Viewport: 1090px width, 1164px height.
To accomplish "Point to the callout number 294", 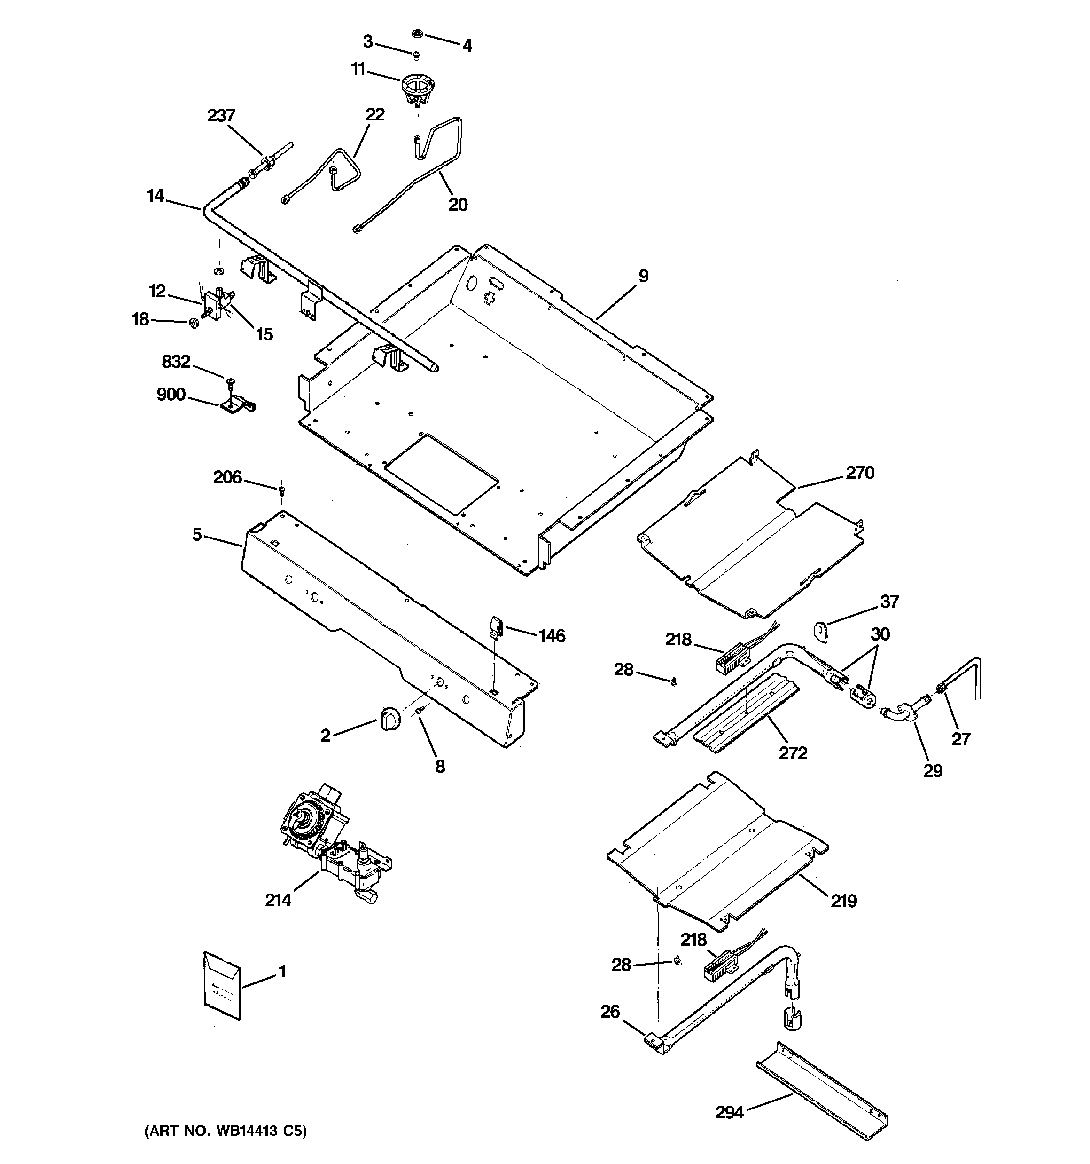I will click(730, 1112).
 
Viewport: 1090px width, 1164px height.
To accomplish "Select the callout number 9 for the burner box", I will click(643, 276).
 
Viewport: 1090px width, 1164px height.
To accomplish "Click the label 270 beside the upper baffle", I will click(859, 473).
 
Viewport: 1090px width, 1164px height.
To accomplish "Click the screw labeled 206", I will click(281, 488).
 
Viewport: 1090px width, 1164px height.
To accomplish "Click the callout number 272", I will click(793, 752).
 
